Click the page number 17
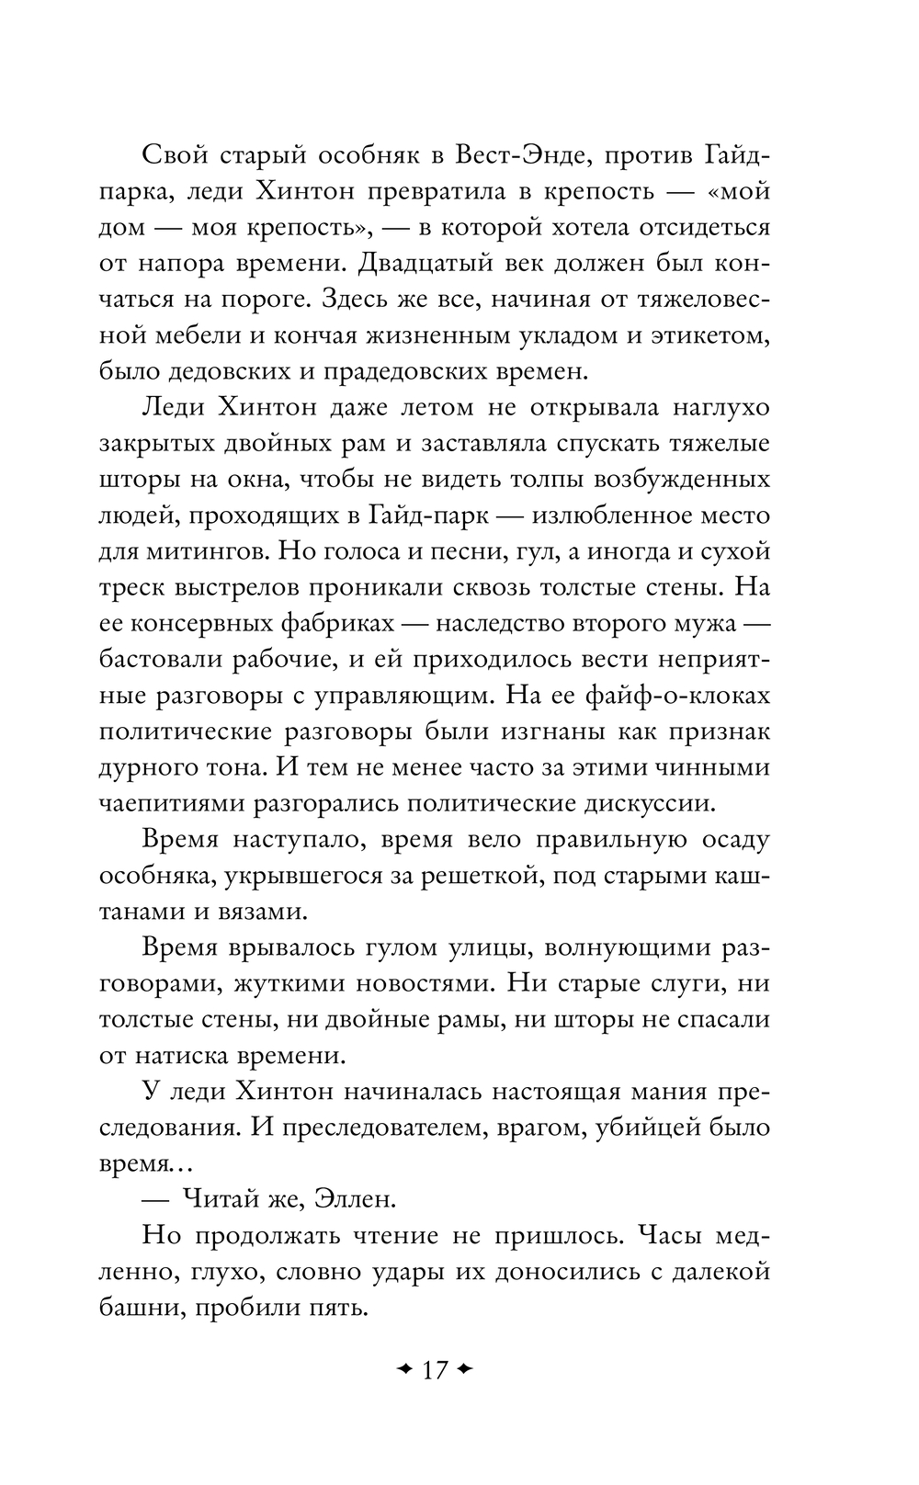pos(434,1370)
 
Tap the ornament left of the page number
pos(403,1370)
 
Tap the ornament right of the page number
pos(464,1370)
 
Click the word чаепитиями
pos(173,802)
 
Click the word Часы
pos(674,1235)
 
